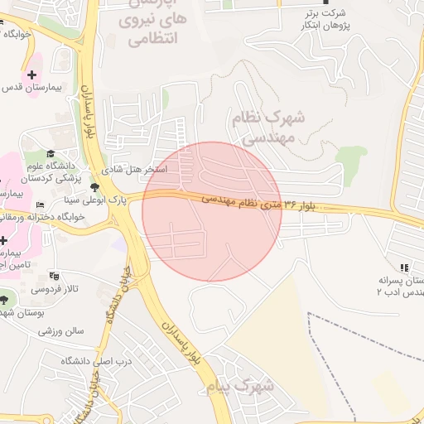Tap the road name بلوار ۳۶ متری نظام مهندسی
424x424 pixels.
[x=261, y=202]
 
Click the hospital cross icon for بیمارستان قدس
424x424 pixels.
[x=32, y=75]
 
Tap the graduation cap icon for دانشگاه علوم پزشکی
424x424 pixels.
[x=51, y=153]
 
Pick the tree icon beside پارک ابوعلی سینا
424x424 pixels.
[x=94, y=186]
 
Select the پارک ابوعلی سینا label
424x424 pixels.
[x=94, y=200]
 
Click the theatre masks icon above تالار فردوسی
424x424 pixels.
[x=55, y=275]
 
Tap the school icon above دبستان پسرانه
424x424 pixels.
[x=404, y=267]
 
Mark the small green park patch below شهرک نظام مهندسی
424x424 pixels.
[x=351, y=156]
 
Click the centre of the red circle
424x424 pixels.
[x=212, y=211]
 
